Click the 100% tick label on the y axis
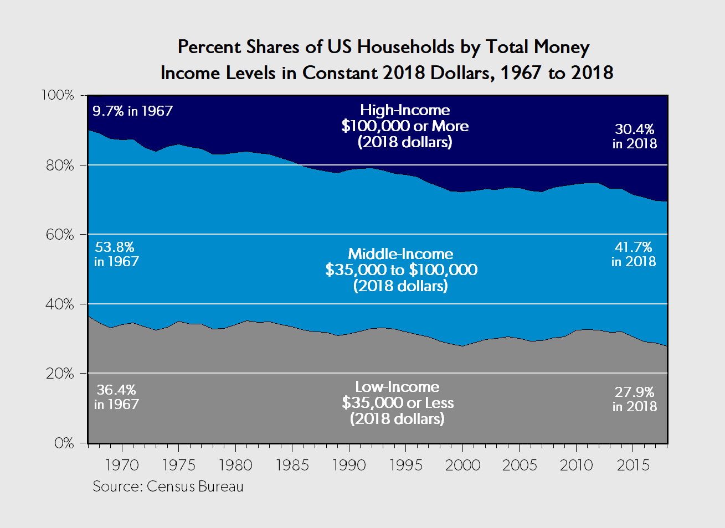coord(58,95)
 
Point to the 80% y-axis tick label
coord(59,165)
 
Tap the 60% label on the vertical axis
coord(59,235)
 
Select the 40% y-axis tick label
coord(59,304)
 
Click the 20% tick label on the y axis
coord(59,374)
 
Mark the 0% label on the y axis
coord(64,443)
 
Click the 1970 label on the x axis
coord(122,465)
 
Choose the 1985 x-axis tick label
coord(292,465)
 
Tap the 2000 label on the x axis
coord(462,465)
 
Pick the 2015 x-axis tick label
coord(633,465)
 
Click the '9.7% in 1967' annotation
coord(132,111)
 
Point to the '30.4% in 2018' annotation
coord(634,136)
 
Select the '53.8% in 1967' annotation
coord(116,254)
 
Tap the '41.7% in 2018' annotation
coord(634,254)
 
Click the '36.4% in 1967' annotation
coord(116,397)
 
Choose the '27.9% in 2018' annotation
coord(634,399)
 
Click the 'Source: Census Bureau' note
coord(168,486)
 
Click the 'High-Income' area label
coord(405,110)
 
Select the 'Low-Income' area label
coord(397,387)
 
